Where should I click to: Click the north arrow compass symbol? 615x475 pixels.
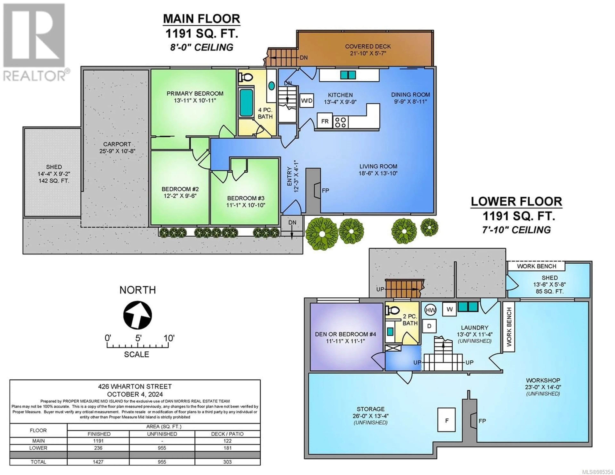click(x=138, y=315)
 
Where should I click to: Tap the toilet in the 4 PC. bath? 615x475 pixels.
click(x=244, y=77)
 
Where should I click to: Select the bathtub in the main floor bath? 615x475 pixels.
click(x=246, y=102)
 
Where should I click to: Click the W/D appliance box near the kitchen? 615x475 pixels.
click(x=307, y=101)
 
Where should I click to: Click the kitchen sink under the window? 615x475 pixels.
click(x=348, y=75)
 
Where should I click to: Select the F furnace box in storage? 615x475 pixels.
click(x=446, y=420)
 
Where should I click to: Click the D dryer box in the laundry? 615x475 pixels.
click(x=429, y=326)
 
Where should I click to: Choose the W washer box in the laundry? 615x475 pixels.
click(x=449, y=309)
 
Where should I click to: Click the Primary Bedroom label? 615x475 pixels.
click(x=195, y=93)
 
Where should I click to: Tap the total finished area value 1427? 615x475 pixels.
click(x=98, y=462)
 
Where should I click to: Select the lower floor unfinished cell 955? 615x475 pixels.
click(x=162, y=448)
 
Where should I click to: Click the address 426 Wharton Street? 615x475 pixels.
click(x=135, y=387)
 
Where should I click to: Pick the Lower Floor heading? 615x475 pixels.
click(x=517, y=201)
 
